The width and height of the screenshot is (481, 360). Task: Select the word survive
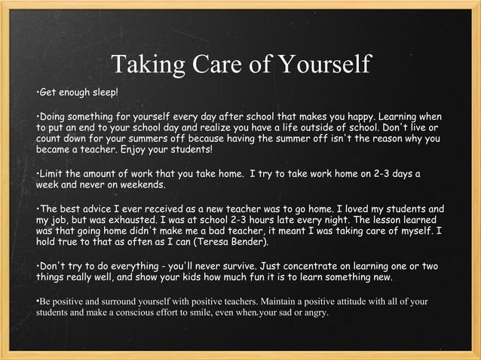point(240,266)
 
